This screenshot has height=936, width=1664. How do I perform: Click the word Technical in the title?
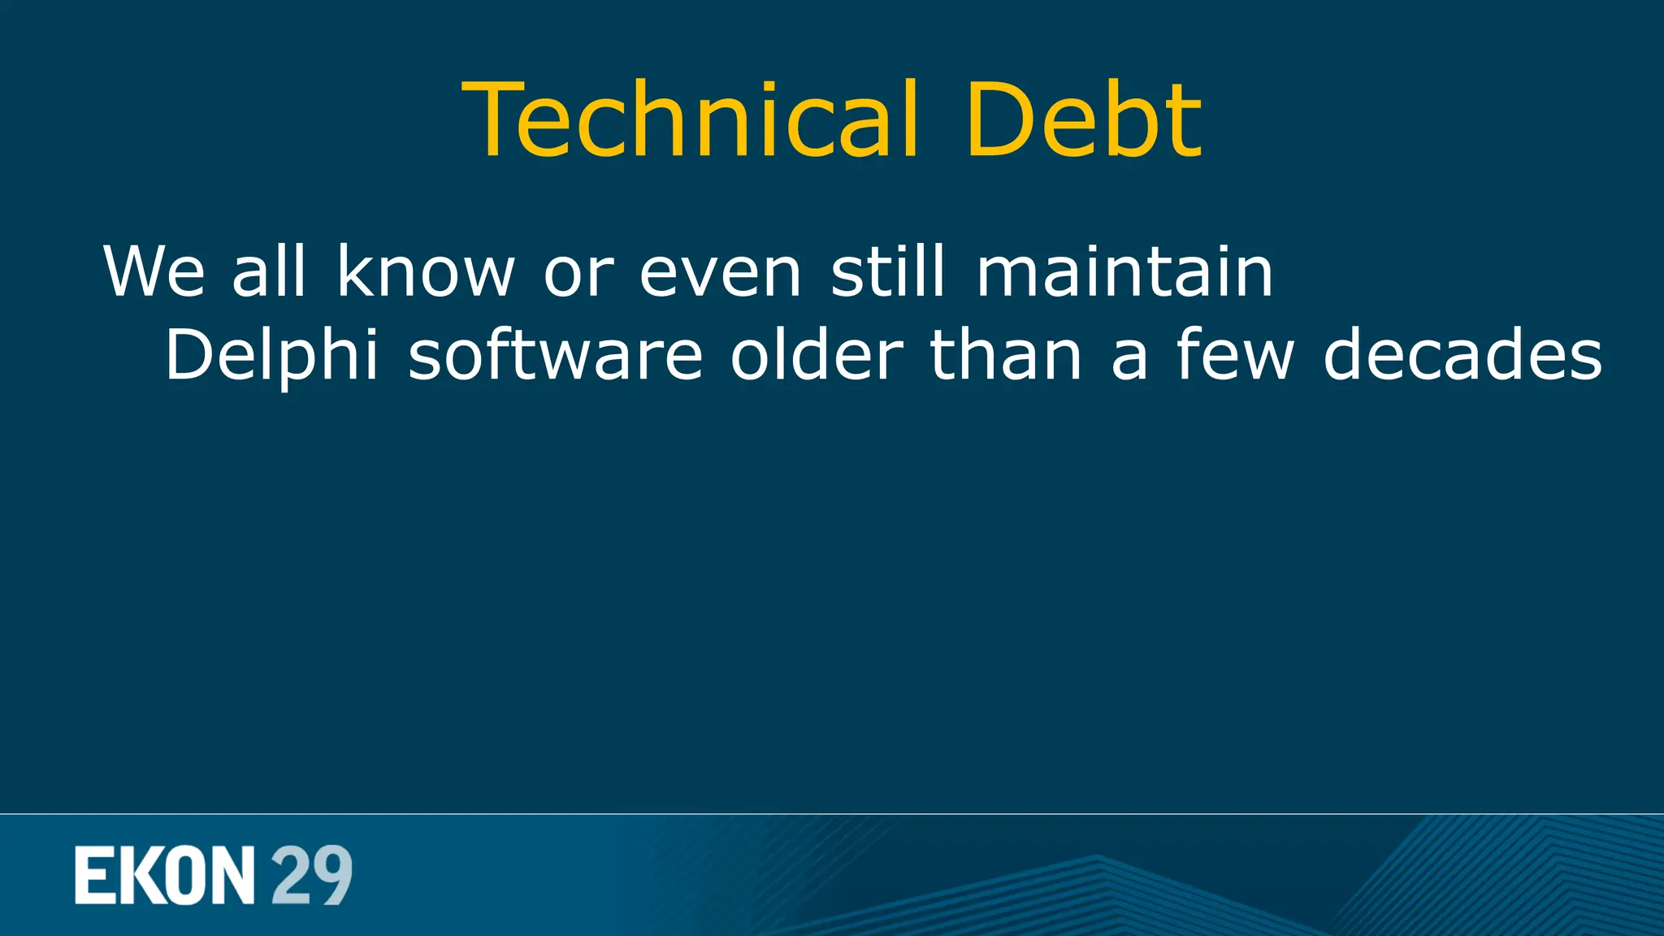coord(691,119)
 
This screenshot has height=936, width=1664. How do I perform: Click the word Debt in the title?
coord(1083,119)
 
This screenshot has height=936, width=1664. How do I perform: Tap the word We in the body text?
coord(154,271)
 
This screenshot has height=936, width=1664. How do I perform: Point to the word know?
coord(426,271)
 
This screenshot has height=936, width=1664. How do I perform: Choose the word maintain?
coord(1124,271)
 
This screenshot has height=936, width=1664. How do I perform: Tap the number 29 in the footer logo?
coord(312,875)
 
